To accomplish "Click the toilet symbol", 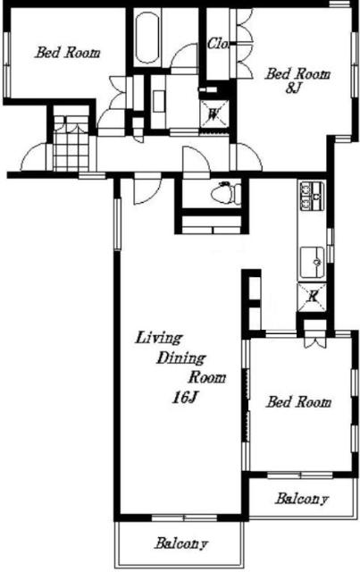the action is (x=226, y=192).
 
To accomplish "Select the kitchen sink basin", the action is (x=313, y=262).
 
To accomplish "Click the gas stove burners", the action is (x=312, y=196).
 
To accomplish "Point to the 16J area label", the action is (x=185, y=398).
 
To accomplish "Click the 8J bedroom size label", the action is (x=293, y=88).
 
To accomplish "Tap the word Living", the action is (x=158, y=338).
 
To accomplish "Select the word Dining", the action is (x=181, y=357).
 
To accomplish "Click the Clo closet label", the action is (x=218, y=44).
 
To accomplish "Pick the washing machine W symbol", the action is (x=214, y=114).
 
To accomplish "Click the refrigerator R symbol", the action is (x=312, y=296).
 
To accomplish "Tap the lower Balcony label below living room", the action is (x=181, y=543).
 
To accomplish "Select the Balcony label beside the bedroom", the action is (x=302, y=499).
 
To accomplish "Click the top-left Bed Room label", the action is (x=68, y=53).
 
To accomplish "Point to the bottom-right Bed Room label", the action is (x=298, y=402).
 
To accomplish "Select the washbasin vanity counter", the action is (x=159, y=101).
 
